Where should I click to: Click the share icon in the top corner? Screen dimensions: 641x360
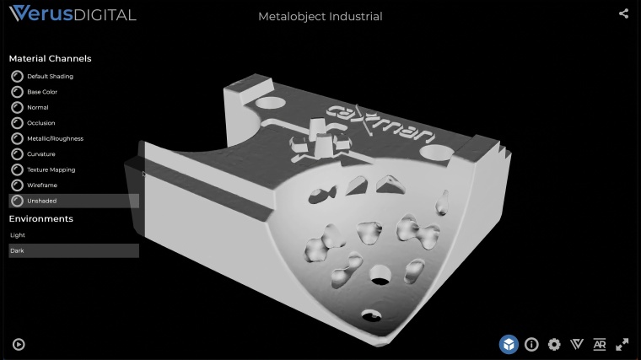[623, 13]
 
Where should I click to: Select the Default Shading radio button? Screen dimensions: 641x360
[17, 77]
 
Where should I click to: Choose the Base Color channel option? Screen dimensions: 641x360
[42, 92]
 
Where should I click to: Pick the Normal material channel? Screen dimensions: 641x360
[38, 107]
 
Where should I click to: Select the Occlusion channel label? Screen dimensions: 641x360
[40, 123]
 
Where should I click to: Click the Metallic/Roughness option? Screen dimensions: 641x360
[55, 138]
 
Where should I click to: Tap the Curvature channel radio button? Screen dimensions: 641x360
[17, 154]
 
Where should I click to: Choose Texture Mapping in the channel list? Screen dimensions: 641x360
[51, 169]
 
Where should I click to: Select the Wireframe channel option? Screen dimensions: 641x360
[42, 185]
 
